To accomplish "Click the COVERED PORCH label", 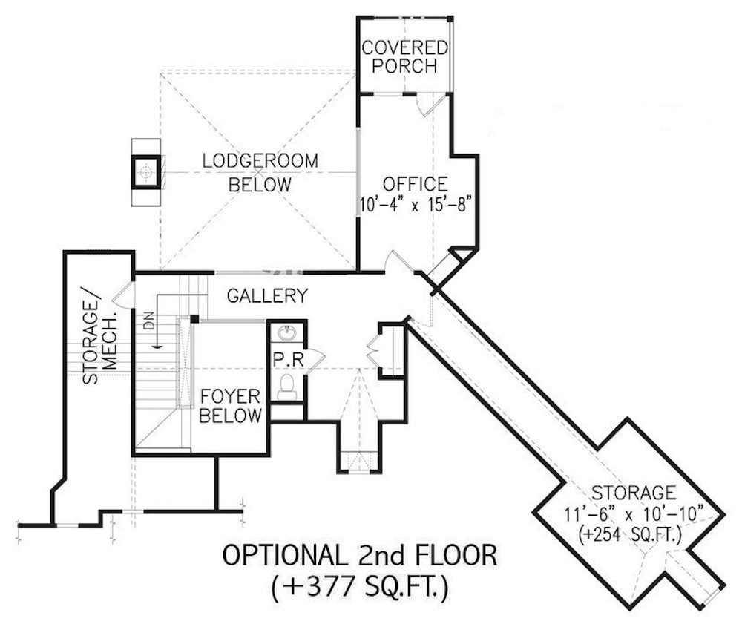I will (404, 57).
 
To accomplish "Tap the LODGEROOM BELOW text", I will (260, 172).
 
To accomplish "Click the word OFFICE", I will (415, 183).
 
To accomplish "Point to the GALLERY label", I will (267, 296).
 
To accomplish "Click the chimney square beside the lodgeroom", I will (146, 172).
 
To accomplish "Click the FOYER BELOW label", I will (231, 406).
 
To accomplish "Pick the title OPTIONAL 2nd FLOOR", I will (359, 555).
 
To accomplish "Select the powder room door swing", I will (313, 359).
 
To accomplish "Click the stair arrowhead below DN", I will (157, 345).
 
